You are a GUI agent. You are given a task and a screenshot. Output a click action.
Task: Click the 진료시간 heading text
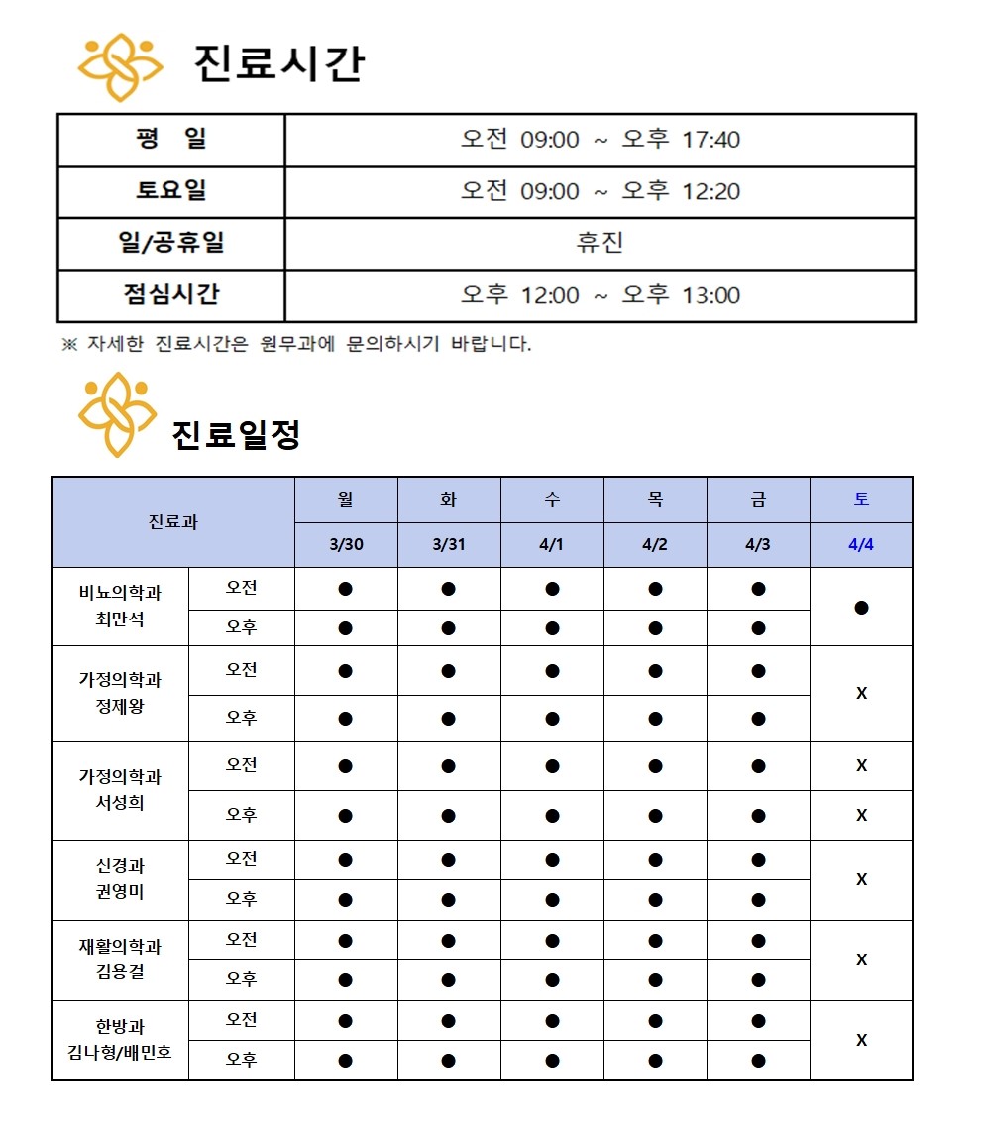[x=278, y=63]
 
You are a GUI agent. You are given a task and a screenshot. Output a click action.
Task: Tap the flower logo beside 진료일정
[x=118, y=414]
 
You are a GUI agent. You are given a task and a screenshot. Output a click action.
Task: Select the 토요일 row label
[x=171, y=191]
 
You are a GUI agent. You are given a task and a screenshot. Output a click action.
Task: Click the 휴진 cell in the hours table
[x=600, y=243]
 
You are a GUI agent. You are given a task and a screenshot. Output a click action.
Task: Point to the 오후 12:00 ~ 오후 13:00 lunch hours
[x=600, y=295]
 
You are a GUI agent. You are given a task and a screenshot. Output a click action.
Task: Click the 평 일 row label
[x=171, y=139]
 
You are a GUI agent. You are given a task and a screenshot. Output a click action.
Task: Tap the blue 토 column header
[x=861, y=500]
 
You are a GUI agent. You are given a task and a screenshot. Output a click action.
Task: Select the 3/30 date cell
[x=345, y=545]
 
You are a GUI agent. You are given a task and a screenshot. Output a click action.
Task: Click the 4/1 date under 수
[x=552, y=545]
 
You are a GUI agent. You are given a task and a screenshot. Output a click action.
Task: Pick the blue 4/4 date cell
[x=861, y=545]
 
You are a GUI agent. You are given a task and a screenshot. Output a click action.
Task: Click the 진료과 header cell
[x=173, y=522]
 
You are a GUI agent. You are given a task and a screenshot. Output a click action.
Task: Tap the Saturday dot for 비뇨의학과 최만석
[x=861, y=608]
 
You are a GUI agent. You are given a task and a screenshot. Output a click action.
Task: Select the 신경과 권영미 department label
[x=120, y=879]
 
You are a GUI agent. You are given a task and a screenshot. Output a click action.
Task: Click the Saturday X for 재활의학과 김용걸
[x=861, y=959]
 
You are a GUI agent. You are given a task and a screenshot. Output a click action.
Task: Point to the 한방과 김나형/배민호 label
[x=120, y=1040]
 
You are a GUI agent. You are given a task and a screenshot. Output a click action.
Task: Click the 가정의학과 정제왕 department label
[x=120, y=694]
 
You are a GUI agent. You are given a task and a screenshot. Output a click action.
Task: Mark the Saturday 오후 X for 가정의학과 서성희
[x=861, y=815]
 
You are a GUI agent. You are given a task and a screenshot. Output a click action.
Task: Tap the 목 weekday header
[x=655, y=500]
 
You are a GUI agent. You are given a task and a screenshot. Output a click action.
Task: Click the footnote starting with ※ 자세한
[x=297, y=345]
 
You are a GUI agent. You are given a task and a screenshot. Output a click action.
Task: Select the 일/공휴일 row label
[x=171, y=243]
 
